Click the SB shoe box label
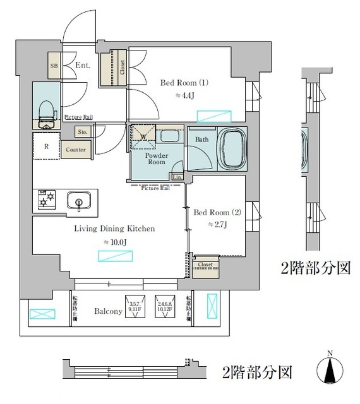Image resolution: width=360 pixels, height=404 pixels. pos(54,66)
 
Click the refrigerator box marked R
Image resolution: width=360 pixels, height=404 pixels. pos(47,145)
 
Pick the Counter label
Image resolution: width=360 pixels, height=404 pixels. pos(76,150)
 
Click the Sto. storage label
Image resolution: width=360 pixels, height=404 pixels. pos(83,133)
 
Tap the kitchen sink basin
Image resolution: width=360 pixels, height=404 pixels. pos(80,201)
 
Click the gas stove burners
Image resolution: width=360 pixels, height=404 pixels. pos(45,199)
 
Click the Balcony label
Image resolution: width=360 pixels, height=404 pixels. pos(99,311)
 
